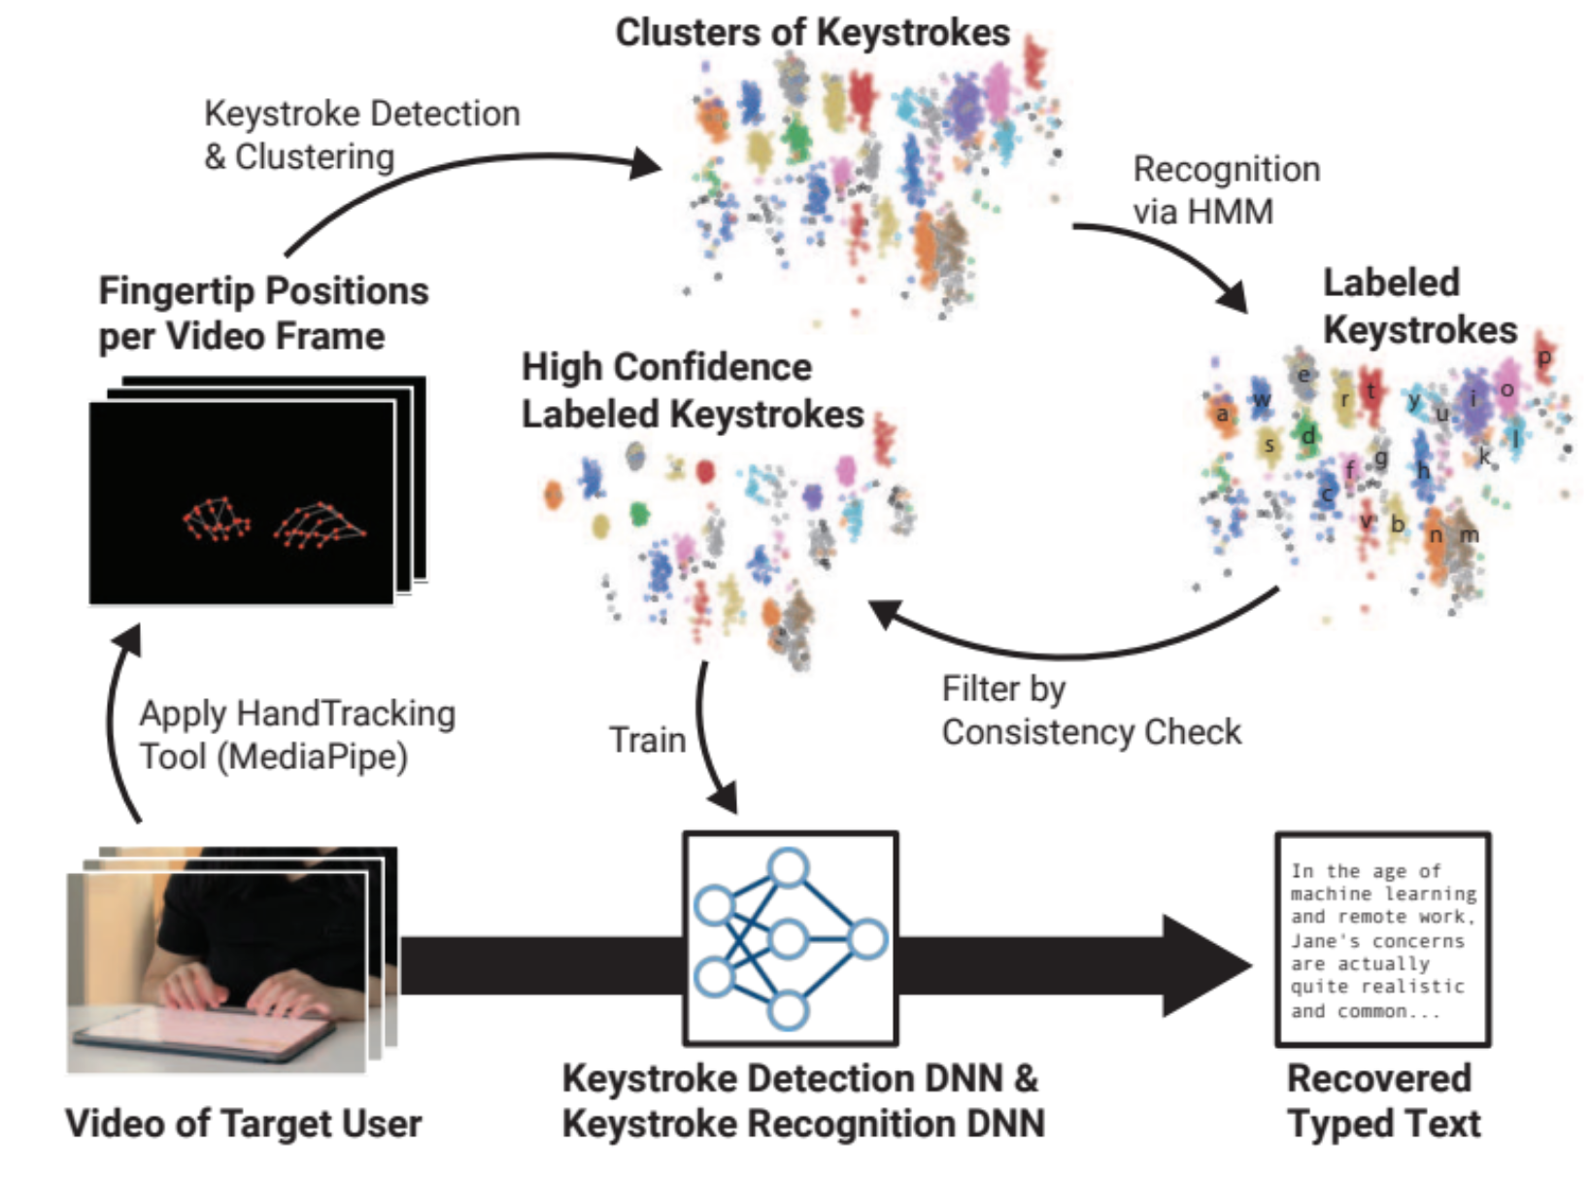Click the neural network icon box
click(x=789, y=938)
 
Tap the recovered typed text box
click(x=1381, y=939)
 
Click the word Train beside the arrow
click(x=647, y=740)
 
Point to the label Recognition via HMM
click(x=1225, y=190)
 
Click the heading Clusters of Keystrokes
click(x=813, y=32)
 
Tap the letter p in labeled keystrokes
click(x=1543, y=357)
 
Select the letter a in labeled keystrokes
click(x=1222, y=415)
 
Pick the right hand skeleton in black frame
click(x=319, y=524)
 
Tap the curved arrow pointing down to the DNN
click(x=709, y=738)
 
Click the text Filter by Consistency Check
click(x=1090, y=710)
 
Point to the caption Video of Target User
click(x=243, y=1124)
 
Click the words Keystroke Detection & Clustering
click(x=360, y=135)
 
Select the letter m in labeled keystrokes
click(x=1469, y=535)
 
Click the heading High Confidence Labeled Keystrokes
click(x=692, y=390)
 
